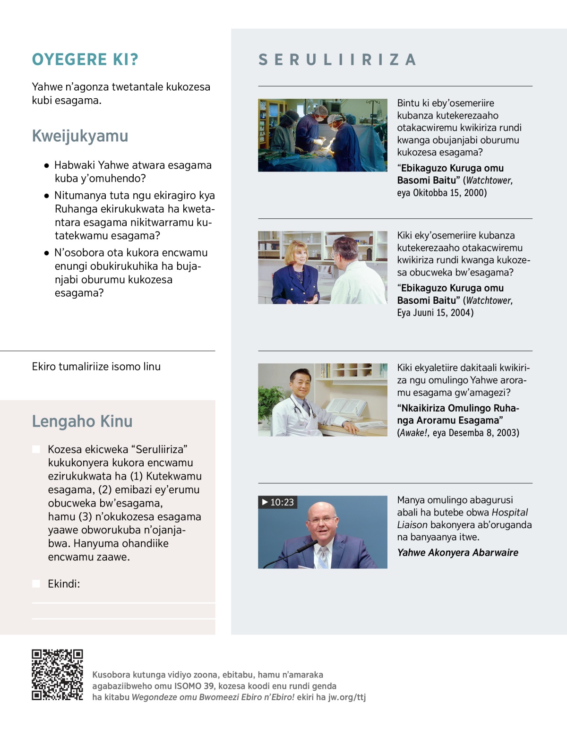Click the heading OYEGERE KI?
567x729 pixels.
85,60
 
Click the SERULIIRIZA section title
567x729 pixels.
337,60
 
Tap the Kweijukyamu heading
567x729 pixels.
80,136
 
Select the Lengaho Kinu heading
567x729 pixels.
82,421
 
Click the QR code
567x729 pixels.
57,675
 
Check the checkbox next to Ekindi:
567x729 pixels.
36,584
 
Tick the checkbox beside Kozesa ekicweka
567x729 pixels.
36,449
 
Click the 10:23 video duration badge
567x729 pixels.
278,502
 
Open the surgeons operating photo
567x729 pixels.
322,135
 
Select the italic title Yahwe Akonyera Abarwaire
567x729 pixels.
457,553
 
